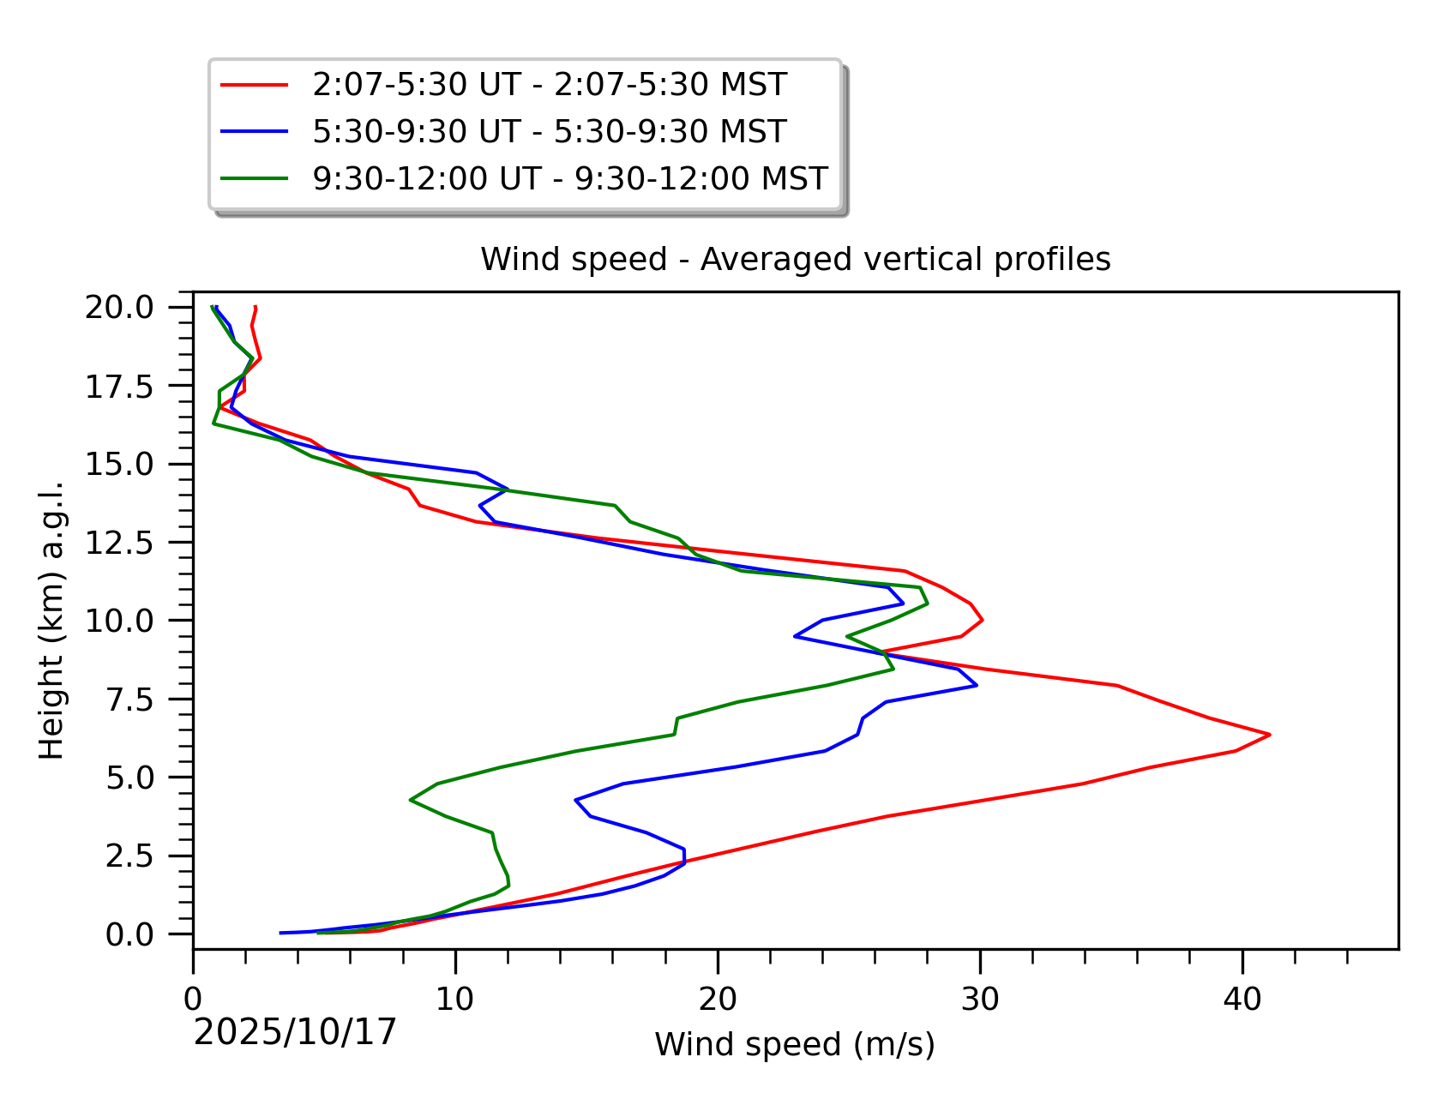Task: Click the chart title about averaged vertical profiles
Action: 795,259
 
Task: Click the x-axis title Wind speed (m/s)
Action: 795,1044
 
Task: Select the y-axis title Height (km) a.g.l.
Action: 52,620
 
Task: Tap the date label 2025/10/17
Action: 295,1032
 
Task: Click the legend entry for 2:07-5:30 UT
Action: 550,84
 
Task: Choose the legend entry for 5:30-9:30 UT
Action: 550,131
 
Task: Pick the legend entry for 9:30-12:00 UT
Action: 570,178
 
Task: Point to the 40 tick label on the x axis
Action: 1242,999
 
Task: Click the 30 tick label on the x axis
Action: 979,999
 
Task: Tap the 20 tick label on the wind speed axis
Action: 718,999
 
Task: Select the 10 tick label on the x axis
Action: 455,999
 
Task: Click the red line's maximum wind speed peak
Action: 1269,735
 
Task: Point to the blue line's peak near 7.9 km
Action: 977,686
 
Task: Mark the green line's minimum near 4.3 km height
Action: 411,800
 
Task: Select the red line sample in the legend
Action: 254,84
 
